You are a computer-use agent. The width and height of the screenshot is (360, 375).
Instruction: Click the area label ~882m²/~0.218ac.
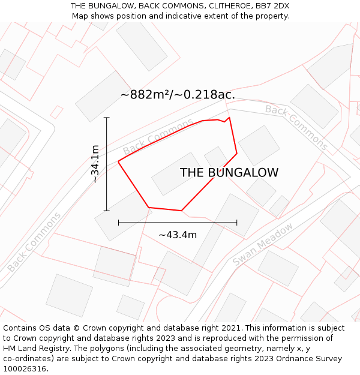178,95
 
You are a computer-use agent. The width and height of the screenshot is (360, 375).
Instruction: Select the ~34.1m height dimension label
95,164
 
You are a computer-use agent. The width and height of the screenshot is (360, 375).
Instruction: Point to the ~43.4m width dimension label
178,235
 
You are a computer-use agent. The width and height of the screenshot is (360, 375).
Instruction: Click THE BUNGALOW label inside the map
229,173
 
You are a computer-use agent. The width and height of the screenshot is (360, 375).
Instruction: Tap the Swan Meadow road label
263,244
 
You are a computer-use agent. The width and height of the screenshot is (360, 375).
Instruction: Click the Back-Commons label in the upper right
296,127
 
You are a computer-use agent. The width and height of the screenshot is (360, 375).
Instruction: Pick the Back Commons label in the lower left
34,242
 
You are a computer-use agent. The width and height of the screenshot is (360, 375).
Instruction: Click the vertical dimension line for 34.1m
107,164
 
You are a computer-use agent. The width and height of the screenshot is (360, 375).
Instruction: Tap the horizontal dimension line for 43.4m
178,223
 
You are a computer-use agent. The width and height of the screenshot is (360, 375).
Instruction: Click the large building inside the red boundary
176,173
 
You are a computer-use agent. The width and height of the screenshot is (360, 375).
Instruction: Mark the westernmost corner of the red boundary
119,161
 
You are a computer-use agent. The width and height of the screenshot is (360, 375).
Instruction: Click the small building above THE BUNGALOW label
215,157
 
